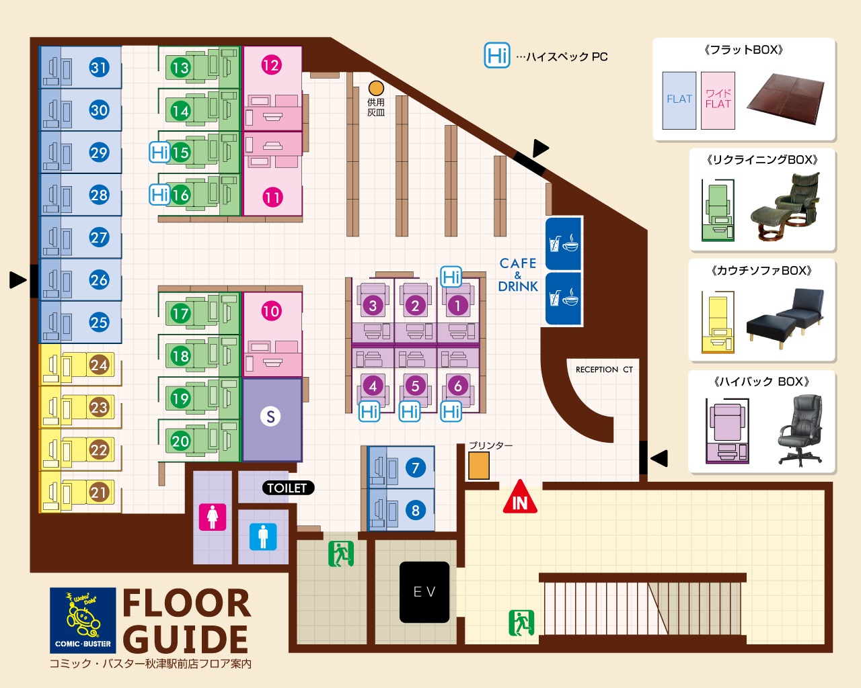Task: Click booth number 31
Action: coord(99,67)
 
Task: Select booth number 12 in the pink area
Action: coord(271,65)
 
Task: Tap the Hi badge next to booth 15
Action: coord(159,153)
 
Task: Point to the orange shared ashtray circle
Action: coord(376,88)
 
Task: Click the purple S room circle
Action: coord(270,417)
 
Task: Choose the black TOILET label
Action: coord(288,488)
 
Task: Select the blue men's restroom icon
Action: coord(263,537)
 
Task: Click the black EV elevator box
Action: coord(424,592)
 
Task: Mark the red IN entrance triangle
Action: coord(520,498)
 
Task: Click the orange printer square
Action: coord(479,466)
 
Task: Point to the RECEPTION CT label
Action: coord(604,370)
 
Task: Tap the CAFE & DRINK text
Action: coord(518,275)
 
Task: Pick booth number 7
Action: coord(415,468)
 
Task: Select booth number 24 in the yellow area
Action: coord(99,365)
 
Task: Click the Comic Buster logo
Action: coord(83,620)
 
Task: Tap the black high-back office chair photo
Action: coord(800,431)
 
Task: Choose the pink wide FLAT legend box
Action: coord(718,100)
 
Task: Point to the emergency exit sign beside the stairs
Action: coord(521,623)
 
